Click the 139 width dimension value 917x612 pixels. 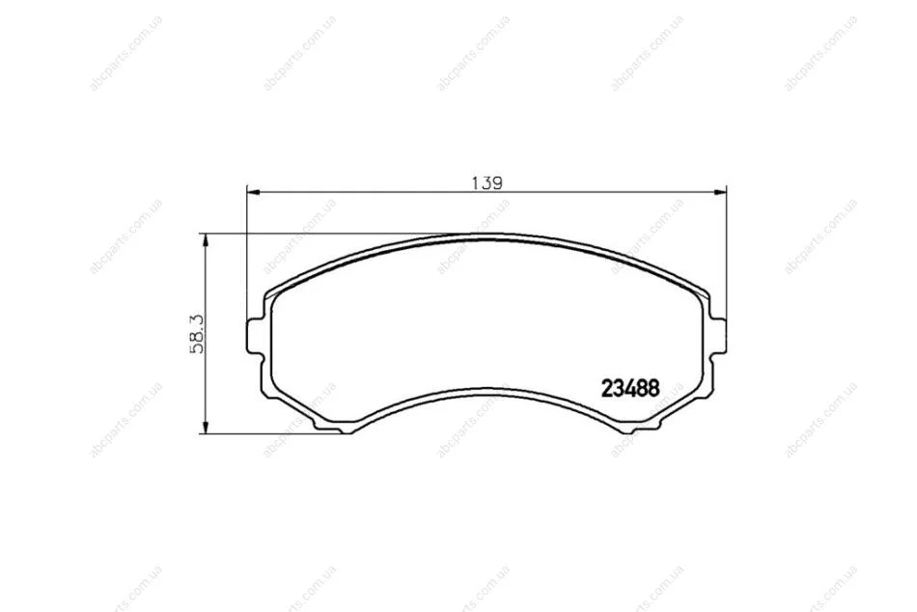tap(487, 183)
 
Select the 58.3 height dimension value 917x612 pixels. tap(197, 334)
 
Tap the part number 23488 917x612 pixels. tap(630, 388)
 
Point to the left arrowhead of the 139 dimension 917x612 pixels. tap(253, 192)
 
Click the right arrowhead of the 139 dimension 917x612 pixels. tap(719, 192)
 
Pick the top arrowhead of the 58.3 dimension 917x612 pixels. tap(204, 240)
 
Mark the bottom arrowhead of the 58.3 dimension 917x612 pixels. tap(204, 427)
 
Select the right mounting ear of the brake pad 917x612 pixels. tap(718, 335)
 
